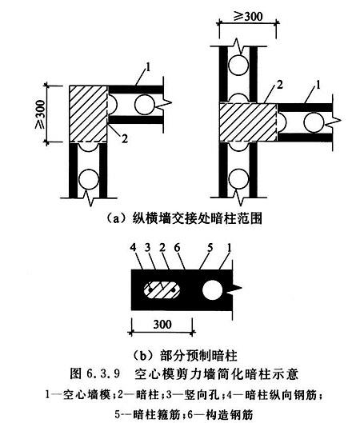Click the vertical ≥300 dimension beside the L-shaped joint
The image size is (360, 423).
(x=41, y=114)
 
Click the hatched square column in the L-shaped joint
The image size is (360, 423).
(x=88, y=114)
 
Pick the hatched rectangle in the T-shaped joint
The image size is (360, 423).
(x=248, y=122)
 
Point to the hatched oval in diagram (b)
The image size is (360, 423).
(x=162, y=290)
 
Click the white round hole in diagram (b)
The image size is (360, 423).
(x=212, y=290)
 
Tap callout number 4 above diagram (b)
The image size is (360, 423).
(x=134, y=248)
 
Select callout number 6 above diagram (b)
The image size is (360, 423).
(x=177, y=248)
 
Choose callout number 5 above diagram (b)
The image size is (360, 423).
(x=210, y=248)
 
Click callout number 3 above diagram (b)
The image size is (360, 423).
(x=147, y=248)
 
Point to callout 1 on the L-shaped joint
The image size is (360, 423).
(x=148, y=67)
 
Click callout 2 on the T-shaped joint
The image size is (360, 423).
(x=280, y=85)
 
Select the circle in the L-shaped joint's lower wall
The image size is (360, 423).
(x=88, y=179)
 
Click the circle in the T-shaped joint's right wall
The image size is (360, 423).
(x=314, y=122)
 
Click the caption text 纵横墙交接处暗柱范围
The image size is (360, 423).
(x=197, y=218)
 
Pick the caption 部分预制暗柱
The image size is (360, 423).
(x=198, y=355)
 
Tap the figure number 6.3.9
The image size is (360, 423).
(x=103, y=373)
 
